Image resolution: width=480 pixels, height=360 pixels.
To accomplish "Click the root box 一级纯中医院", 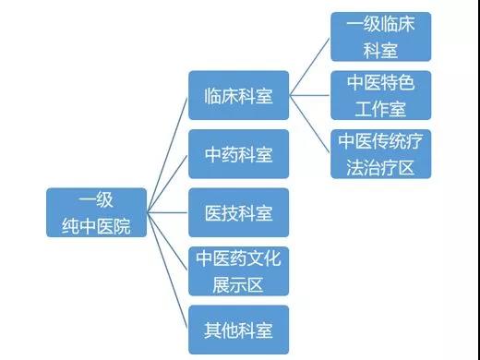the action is click(96, 212).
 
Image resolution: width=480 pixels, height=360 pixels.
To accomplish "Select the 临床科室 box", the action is click(238, 95).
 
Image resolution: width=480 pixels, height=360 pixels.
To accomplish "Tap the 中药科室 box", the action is click(238, 154).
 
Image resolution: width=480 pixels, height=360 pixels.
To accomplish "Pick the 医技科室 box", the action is click(238, 212).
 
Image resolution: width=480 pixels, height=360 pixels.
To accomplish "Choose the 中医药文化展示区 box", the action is click(238, 271).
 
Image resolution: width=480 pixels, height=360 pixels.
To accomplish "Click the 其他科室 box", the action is click(238, 330).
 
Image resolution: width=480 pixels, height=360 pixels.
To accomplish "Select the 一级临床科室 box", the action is click(380, 37).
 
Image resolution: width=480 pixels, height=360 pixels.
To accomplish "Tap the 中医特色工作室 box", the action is click(380, 95).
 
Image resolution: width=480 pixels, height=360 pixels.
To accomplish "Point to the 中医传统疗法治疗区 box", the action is click(380, 154).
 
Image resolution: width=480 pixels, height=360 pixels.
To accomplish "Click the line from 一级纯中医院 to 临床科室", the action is click(167, 155).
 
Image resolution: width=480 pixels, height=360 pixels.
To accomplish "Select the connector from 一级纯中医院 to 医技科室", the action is click(167, 212).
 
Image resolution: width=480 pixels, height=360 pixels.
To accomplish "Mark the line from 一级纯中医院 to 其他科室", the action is click(167, 270).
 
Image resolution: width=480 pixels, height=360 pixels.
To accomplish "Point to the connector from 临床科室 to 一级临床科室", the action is click(309, 66).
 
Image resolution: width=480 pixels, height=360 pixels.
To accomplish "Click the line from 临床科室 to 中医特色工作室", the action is click(309, 95).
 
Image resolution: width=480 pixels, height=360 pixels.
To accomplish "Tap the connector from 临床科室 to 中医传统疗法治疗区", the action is click(309, 124).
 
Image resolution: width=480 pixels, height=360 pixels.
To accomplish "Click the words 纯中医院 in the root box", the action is click(96, 226).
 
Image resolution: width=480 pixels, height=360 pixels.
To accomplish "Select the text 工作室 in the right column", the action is click(380, 109).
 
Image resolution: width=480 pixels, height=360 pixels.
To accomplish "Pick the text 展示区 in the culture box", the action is click(238, 285).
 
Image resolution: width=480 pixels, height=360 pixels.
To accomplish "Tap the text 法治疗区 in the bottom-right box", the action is click(380, 168).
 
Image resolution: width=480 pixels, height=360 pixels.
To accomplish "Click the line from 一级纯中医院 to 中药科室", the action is click(167, 184).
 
